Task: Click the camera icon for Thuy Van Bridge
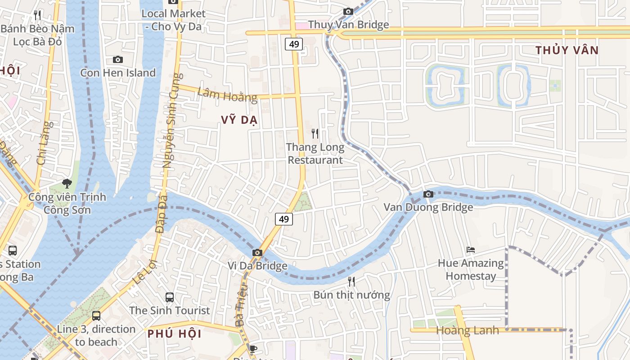pyautogui.click(x=348, y=12)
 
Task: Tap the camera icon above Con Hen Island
pyautogui.click(x=117, y=60)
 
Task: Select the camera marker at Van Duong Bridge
pyautogui.click(x=428, y=194)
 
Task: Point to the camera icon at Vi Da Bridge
pyautogui.click(x=257, y=253)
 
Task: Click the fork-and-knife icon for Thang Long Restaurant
pyautogui.click(x=315, y=134)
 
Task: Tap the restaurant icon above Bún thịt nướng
pyautogui.click(x=351, y=282)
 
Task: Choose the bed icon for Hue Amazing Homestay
pyautogui.click(x=471, y=250)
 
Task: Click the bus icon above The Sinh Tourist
pyautogui.click(x=170, y=297)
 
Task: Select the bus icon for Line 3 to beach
pyautogui.click(x=96, y=316)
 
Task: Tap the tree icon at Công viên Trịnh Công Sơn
pyautogui.click(x=67, y=184)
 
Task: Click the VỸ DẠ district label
pyautogui.click(x=239, y=120)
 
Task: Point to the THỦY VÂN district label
pyautogui.click(x=567, y=50)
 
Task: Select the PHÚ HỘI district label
pyautogui.click(x=174, y=334)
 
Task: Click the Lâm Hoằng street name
pyautogui.click(x=227, y=94)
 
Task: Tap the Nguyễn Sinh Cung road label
pyautogui.click(x=173, y=121)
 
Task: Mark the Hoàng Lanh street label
pyautogui.click(x=468, y=331)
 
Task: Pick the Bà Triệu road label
pyautogui.click(x=241, y=305)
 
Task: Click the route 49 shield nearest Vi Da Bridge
pyautogui.click(x=283, y=219)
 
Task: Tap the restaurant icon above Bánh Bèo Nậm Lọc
pyautogui.click(x=37, y=15)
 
